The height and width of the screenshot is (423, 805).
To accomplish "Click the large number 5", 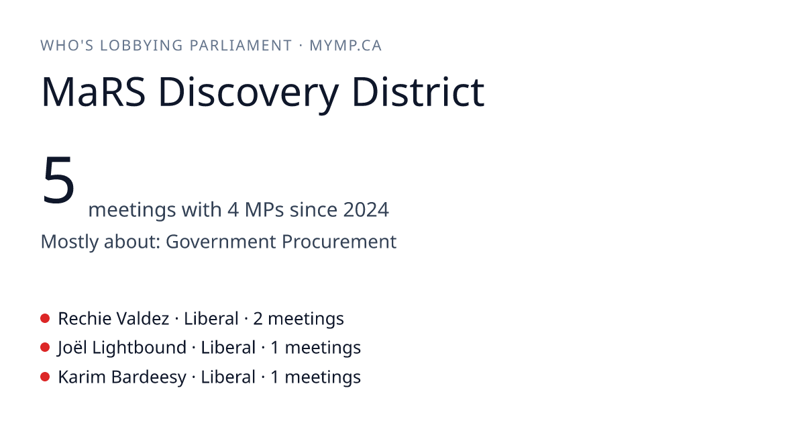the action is tap(58, 180).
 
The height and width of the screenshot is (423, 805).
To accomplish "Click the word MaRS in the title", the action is tap(93, 92).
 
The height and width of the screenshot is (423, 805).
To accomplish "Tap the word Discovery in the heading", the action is tap(248, 94).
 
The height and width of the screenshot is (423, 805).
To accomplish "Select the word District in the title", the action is tap(419, 91).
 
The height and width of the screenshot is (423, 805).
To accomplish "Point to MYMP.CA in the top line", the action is tap(345, 46).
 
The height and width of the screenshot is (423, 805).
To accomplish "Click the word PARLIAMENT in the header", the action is tap(241, 46).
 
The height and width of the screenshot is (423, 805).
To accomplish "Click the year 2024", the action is tap(366, 209).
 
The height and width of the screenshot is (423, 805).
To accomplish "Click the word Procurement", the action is tap(339, 241).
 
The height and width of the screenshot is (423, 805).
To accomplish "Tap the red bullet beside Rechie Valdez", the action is tap(45, 318).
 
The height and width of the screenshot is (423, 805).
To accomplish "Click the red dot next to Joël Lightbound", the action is tap(45, 348).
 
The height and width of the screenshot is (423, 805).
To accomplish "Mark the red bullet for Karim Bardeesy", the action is tap(45, 377).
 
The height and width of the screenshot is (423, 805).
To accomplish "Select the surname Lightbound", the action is tap(140, 348).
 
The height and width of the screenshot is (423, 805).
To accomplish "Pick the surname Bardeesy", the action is tap(149, 377).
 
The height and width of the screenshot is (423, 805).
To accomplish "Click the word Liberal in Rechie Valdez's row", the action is tap(211, 319).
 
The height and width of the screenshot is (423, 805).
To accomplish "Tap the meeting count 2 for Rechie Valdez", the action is tap(258, 319).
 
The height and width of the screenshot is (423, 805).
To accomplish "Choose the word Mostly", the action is tap(69, 242).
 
